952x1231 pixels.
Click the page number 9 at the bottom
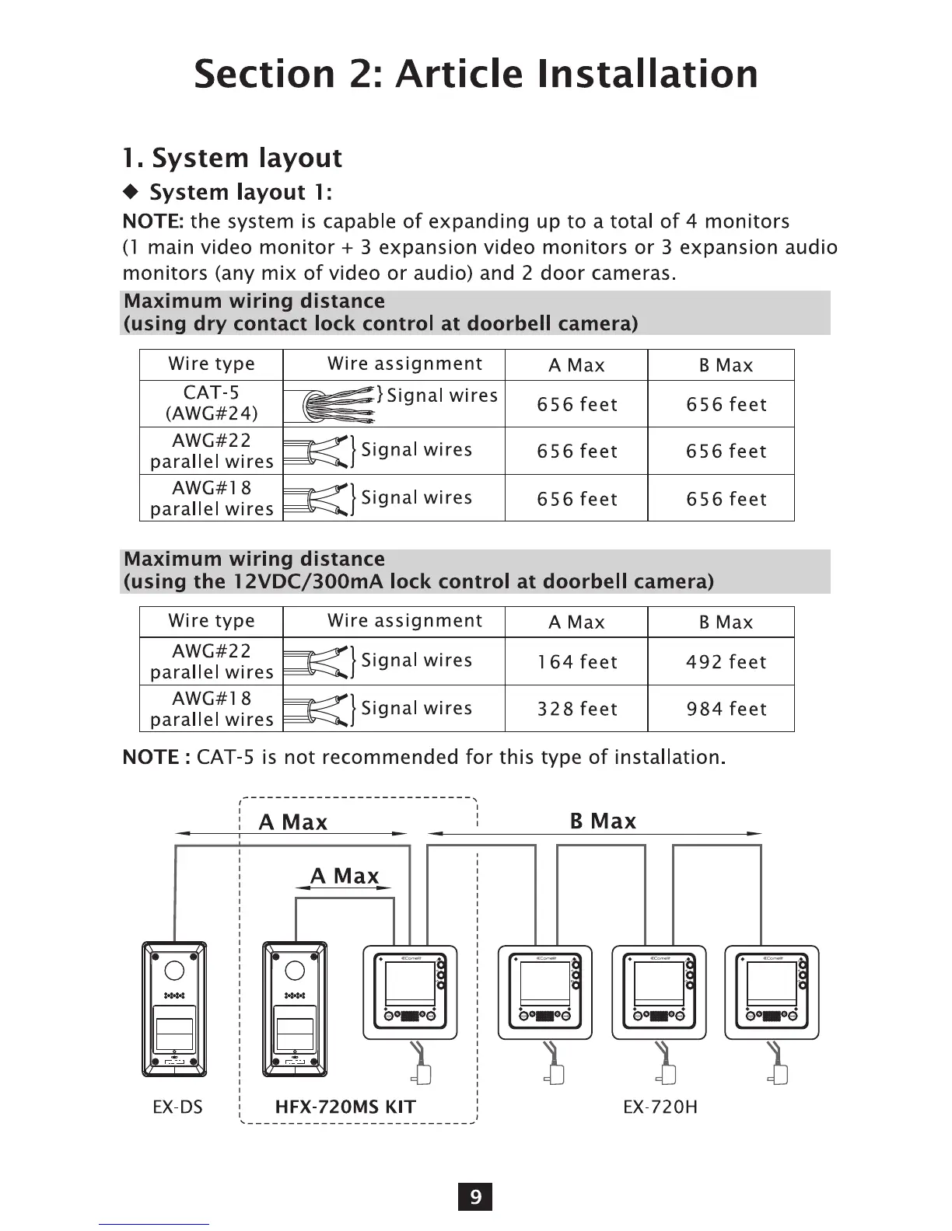(x=475, y=1197)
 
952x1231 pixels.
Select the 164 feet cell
(x=576, y=661)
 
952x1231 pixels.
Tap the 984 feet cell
(x=726, y=709)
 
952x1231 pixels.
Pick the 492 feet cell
(x=726, y=661)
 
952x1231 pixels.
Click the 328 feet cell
(x=576, y=709)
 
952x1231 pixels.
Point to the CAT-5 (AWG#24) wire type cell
(x=212, y=403)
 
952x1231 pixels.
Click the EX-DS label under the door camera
(x=177, y=1107)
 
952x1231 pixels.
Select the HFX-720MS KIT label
(x=345, y=1107)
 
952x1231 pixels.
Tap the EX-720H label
(x=660, y=1107)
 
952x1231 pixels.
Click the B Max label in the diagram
(x=603, y=821)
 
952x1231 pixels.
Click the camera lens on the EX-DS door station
(x=174, y=971)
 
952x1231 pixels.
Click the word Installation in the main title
(x=647, y=74)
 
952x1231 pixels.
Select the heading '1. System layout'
(x=232, y=158)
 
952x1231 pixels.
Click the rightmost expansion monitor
(x=772, y=992)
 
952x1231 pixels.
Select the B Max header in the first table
(x=726, y=365)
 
